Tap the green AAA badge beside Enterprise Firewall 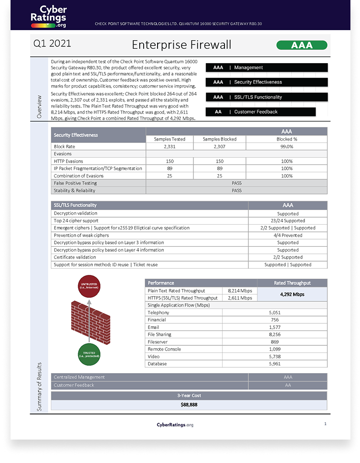(302, 45)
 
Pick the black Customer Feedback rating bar (260, 112)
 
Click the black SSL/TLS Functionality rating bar (266, 97)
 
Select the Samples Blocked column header (219, 139)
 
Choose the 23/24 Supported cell (288, 221)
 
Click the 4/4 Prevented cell (288, 235)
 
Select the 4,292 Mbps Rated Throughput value (292, 294)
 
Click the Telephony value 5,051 (274, 312)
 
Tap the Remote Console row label (164, 349)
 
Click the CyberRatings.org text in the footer (175, 425)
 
